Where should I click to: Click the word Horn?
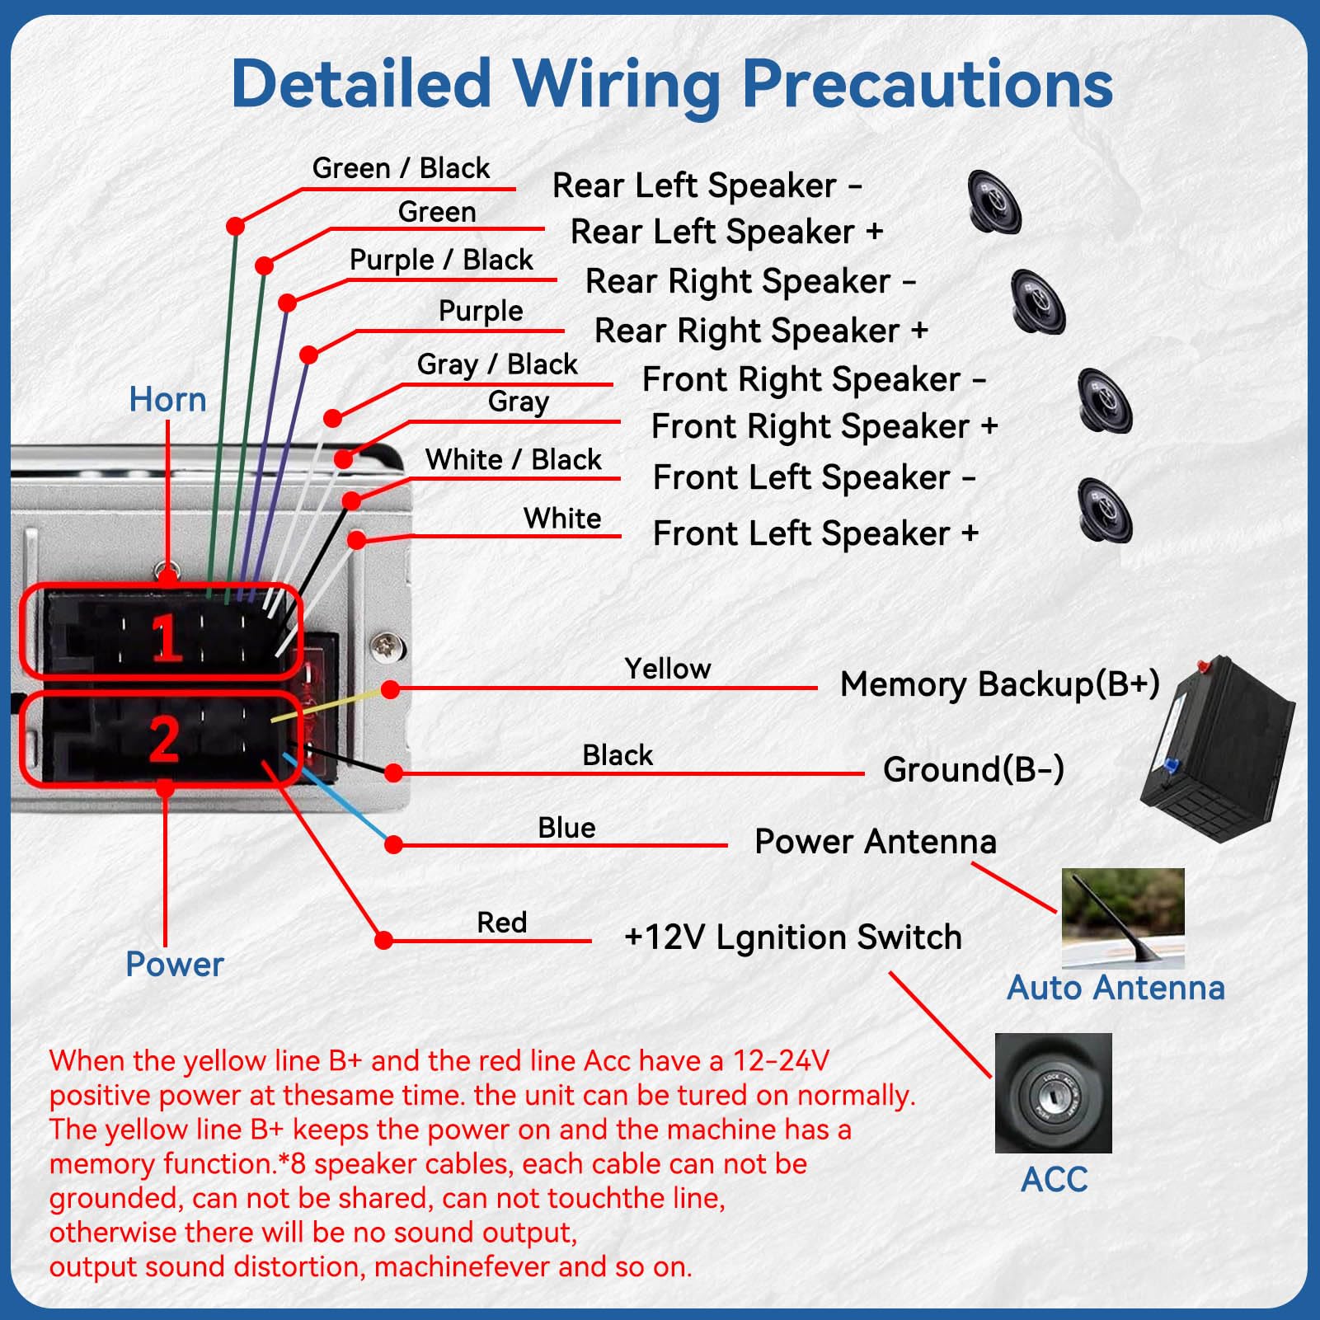point(167,400)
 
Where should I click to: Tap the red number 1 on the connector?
point(167,637)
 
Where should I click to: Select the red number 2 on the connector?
point(164,739)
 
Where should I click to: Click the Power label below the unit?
point(174,964)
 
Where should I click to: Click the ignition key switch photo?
point(1053,1092)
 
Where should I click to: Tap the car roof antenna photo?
point(1122,917)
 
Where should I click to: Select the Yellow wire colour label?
point(667,669)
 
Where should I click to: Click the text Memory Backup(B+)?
point(999,684)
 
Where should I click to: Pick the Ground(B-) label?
point(973,769)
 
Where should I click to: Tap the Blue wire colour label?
point(566,828)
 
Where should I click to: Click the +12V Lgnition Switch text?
point(793,937)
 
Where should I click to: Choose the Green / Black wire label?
point(401,168)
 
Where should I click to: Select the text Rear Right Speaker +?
point(761,331)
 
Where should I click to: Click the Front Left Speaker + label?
point(815,533)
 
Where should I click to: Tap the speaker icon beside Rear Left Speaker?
point(994,202)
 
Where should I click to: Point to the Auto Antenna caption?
point(1116,988)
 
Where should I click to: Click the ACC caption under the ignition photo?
point(1054,1180)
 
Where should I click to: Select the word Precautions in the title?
point(928,84)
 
